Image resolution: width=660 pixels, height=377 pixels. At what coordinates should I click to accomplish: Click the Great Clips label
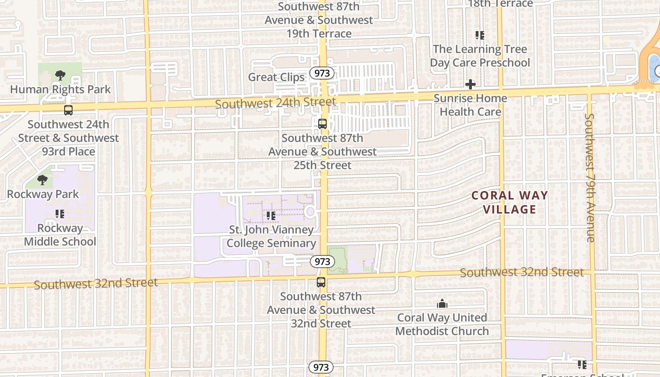click(276, 77)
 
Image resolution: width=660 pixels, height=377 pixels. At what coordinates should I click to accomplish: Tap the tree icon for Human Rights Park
click(60, 75)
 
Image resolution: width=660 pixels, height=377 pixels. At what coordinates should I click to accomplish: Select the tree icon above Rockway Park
click(42, 180)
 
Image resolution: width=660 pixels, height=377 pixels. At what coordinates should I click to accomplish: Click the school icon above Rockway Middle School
click(59, 214)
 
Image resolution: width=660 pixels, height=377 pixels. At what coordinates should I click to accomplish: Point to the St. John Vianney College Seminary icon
click(271, 216)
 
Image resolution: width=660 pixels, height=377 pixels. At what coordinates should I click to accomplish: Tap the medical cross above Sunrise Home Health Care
click(470, 84)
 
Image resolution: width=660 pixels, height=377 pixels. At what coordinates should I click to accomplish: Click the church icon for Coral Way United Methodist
click(442, 303)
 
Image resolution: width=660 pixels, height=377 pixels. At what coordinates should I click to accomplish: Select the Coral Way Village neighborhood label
click(510, 202)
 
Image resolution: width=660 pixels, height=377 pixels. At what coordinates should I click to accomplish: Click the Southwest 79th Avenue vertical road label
click(590, 178)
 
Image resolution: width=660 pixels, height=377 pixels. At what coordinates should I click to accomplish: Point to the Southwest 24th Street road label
click(276, 102)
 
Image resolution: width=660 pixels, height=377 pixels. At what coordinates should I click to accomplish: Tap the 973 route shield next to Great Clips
click(322, 73)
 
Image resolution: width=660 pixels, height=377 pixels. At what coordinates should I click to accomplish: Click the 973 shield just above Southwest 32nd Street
click(322, 262)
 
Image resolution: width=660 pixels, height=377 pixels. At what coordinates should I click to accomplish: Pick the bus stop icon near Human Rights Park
click(68, 110)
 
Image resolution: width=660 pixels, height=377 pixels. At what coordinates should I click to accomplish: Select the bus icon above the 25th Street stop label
click(322, 124)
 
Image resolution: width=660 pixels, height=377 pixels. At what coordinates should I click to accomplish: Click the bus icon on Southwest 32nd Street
click(321, 282)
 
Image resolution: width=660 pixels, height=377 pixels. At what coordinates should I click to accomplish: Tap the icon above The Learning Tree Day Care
click(480, 35)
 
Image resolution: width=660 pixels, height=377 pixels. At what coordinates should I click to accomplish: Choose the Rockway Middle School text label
click(60, 235)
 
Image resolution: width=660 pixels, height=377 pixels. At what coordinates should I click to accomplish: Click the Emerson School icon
click(582, 364)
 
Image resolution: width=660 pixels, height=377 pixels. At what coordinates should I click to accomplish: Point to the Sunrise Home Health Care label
click(470, 105)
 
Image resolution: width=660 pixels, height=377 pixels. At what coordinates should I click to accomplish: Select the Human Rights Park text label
click(60, 90)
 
